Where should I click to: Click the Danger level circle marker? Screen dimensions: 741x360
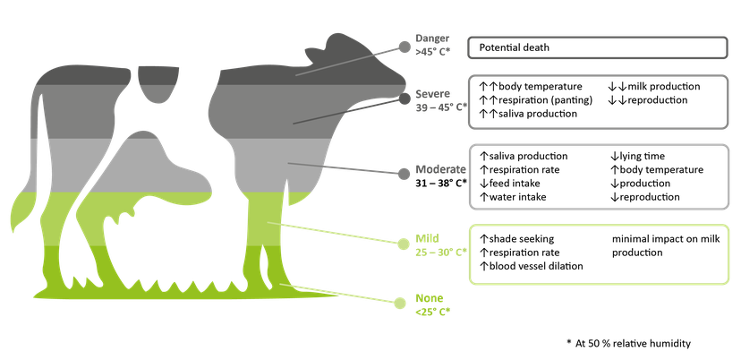[405, 47]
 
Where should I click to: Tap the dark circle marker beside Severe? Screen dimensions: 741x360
[405, 99]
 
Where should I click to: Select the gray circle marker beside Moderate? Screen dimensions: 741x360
[404, 174]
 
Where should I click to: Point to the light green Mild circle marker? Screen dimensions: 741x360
[403, 244]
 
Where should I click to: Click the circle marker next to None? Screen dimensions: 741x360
[400, 303]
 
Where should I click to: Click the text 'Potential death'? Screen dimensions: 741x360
[515, 47]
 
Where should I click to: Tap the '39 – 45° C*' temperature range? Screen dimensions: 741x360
[441, 107]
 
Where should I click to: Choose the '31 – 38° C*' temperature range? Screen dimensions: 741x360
[441, 182]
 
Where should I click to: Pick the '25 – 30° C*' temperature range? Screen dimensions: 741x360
[441, 253]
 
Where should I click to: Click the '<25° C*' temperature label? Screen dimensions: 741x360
[432, 312]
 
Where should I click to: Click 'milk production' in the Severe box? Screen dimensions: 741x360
[663, 87]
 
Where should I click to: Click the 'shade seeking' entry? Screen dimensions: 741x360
[521, 239]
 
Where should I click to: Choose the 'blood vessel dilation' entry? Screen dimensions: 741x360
[536, 266]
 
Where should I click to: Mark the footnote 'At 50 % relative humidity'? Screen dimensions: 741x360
[633, 344]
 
